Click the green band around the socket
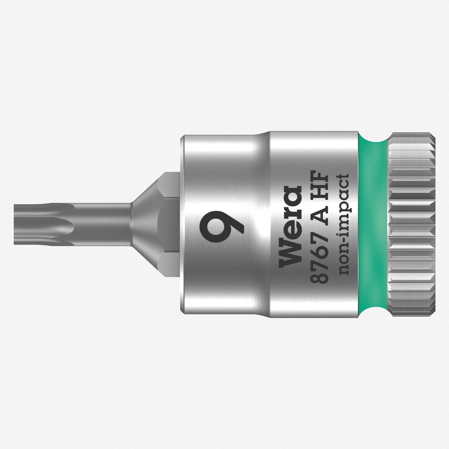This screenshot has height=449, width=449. click(x=373, y=224)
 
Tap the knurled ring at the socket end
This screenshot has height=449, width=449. click(x=412, y=224)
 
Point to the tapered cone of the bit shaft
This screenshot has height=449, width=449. click(x=144, y=224)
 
